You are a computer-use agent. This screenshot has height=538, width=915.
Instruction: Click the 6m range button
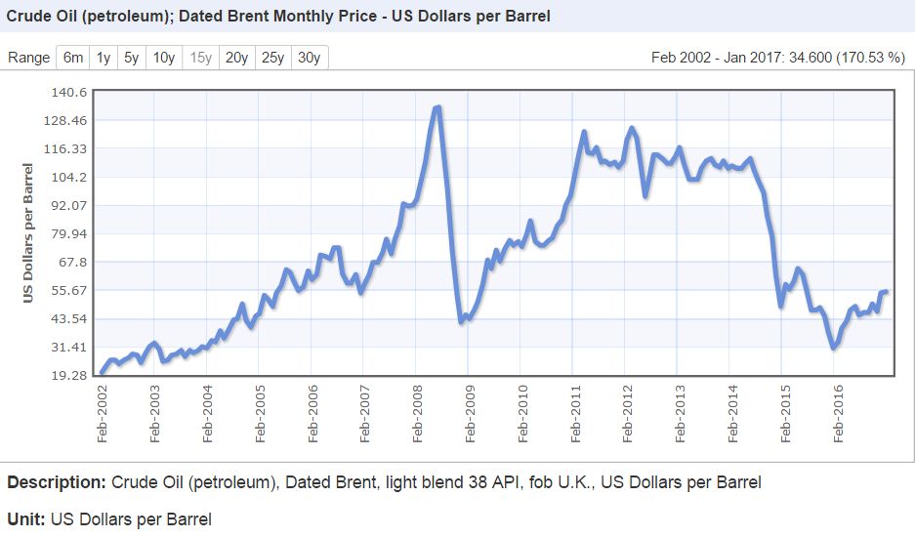tap(73, 58)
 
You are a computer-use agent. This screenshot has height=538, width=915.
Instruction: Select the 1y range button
tap(103, 58)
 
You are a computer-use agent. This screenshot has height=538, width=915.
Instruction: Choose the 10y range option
tap(164, 58)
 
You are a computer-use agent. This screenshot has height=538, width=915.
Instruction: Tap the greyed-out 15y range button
tap(201, 58)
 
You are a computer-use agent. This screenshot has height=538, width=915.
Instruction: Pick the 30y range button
tap(309, 58)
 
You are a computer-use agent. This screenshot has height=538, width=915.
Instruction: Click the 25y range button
tap(272, 58)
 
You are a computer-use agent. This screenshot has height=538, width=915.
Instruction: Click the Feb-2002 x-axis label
tap(103, 414)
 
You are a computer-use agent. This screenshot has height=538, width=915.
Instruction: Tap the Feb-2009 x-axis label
tap(470, 414)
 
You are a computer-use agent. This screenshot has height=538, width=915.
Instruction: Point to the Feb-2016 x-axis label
tap(837, 414)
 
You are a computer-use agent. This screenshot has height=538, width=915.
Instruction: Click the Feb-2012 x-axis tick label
tap(627, 414)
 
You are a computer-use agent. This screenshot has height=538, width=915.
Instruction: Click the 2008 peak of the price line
tap(437, 107)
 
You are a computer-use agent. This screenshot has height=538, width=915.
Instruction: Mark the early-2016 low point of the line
tap(833, 348)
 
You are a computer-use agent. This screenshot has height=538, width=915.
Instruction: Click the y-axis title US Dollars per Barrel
tap(29, 233)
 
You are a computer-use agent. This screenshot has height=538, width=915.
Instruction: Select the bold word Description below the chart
tap(55, 482)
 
